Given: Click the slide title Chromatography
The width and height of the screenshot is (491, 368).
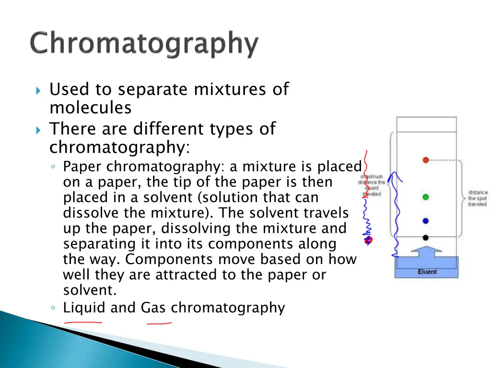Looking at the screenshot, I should pos(144,45).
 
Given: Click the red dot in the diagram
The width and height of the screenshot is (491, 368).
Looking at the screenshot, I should pos(425,160).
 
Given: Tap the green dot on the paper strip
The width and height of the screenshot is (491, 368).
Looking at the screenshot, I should pos(425,197).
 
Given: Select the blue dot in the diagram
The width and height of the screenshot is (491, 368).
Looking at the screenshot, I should pos(425,221).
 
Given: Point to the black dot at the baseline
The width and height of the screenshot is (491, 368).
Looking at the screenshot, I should pos(425,238).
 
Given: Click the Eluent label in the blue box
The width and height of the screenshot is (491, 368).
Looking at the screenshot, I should pos(427,272).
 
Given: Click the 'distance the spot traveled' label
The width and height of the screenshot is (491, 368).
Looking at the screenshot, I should pos(478,198).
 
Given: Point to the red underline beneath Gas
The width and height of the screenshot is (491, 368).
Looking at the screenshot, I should pos(159,323).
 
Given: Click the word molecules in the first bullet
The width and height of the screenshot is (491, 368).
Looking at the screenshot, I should pos(90,108).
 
